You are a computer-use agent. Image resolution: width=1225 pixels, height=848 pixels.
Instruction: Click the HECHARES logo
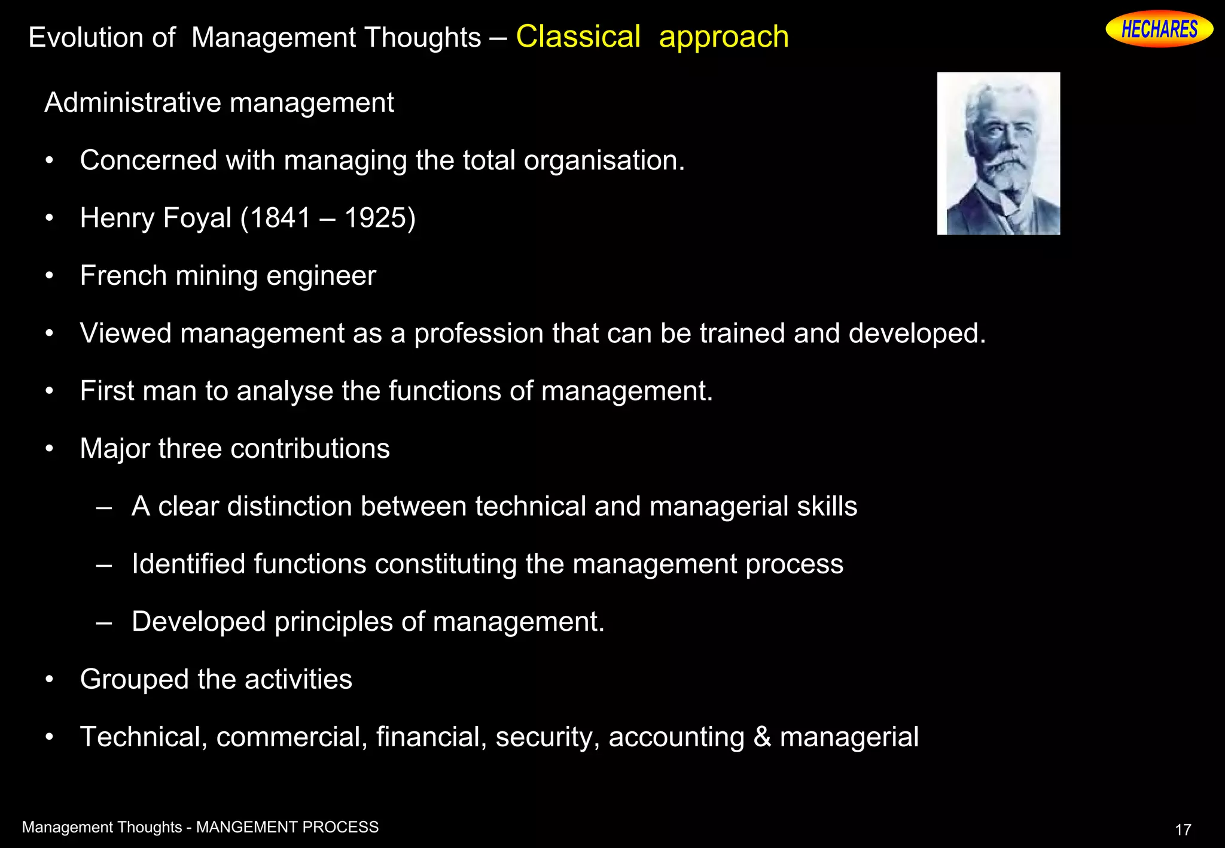click(1159, 29)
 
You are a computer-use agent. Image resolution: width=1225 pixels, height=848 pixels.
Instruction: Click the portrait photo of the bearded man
click(998, 153)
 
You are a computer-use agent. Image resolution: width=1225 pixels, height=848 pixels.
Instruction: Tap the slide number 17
click(1183, 829)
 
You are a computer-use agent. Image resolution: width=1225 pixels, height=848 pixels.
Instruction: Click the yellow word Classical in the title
click(578, 37)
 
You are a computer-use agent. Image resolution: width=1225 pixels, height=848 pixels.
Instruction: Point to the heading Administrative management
click(219, 103)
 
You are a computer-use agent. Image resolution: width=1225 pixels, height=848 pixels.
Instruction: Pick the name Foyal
click(197, 218)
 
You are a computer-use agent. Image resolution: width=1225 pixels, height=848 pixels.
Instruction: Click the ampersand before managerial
click(762, 737)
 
